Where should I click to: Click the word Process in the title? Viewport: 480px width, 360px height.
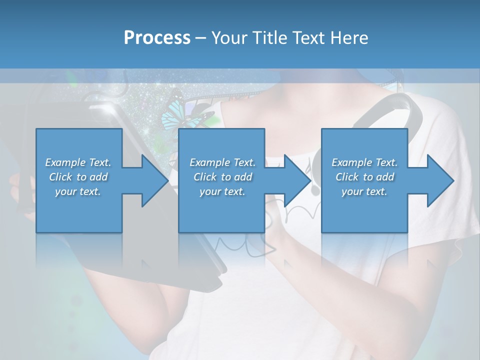tap(157, 38)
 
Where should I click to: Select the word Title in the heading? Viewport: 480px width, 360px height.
tap(270, 38)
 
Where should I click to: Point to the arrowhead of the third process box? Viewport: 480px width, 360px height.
tap(440, 180)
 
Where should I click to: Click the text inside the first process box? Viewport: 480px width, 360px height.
tap(78, 177)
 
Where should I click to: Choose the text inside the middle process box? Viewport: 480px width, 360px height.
tap(222, 177)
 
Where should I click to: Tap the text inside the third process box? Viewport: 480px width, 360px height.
tap(364, 177)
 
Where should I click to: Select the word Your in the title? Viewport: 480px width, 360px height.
tap(230, 38)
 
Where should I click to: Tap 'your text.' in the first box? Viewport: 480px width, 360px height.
tap(78, 191)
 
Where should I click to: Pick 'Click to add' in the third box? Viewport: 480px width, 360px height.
tap(364, 177)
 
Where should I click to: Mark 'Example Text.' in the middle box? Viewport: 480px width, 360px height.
tap(222, 162)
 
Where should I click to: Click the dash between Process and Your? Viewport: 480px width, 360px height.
tap(201, 38)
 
